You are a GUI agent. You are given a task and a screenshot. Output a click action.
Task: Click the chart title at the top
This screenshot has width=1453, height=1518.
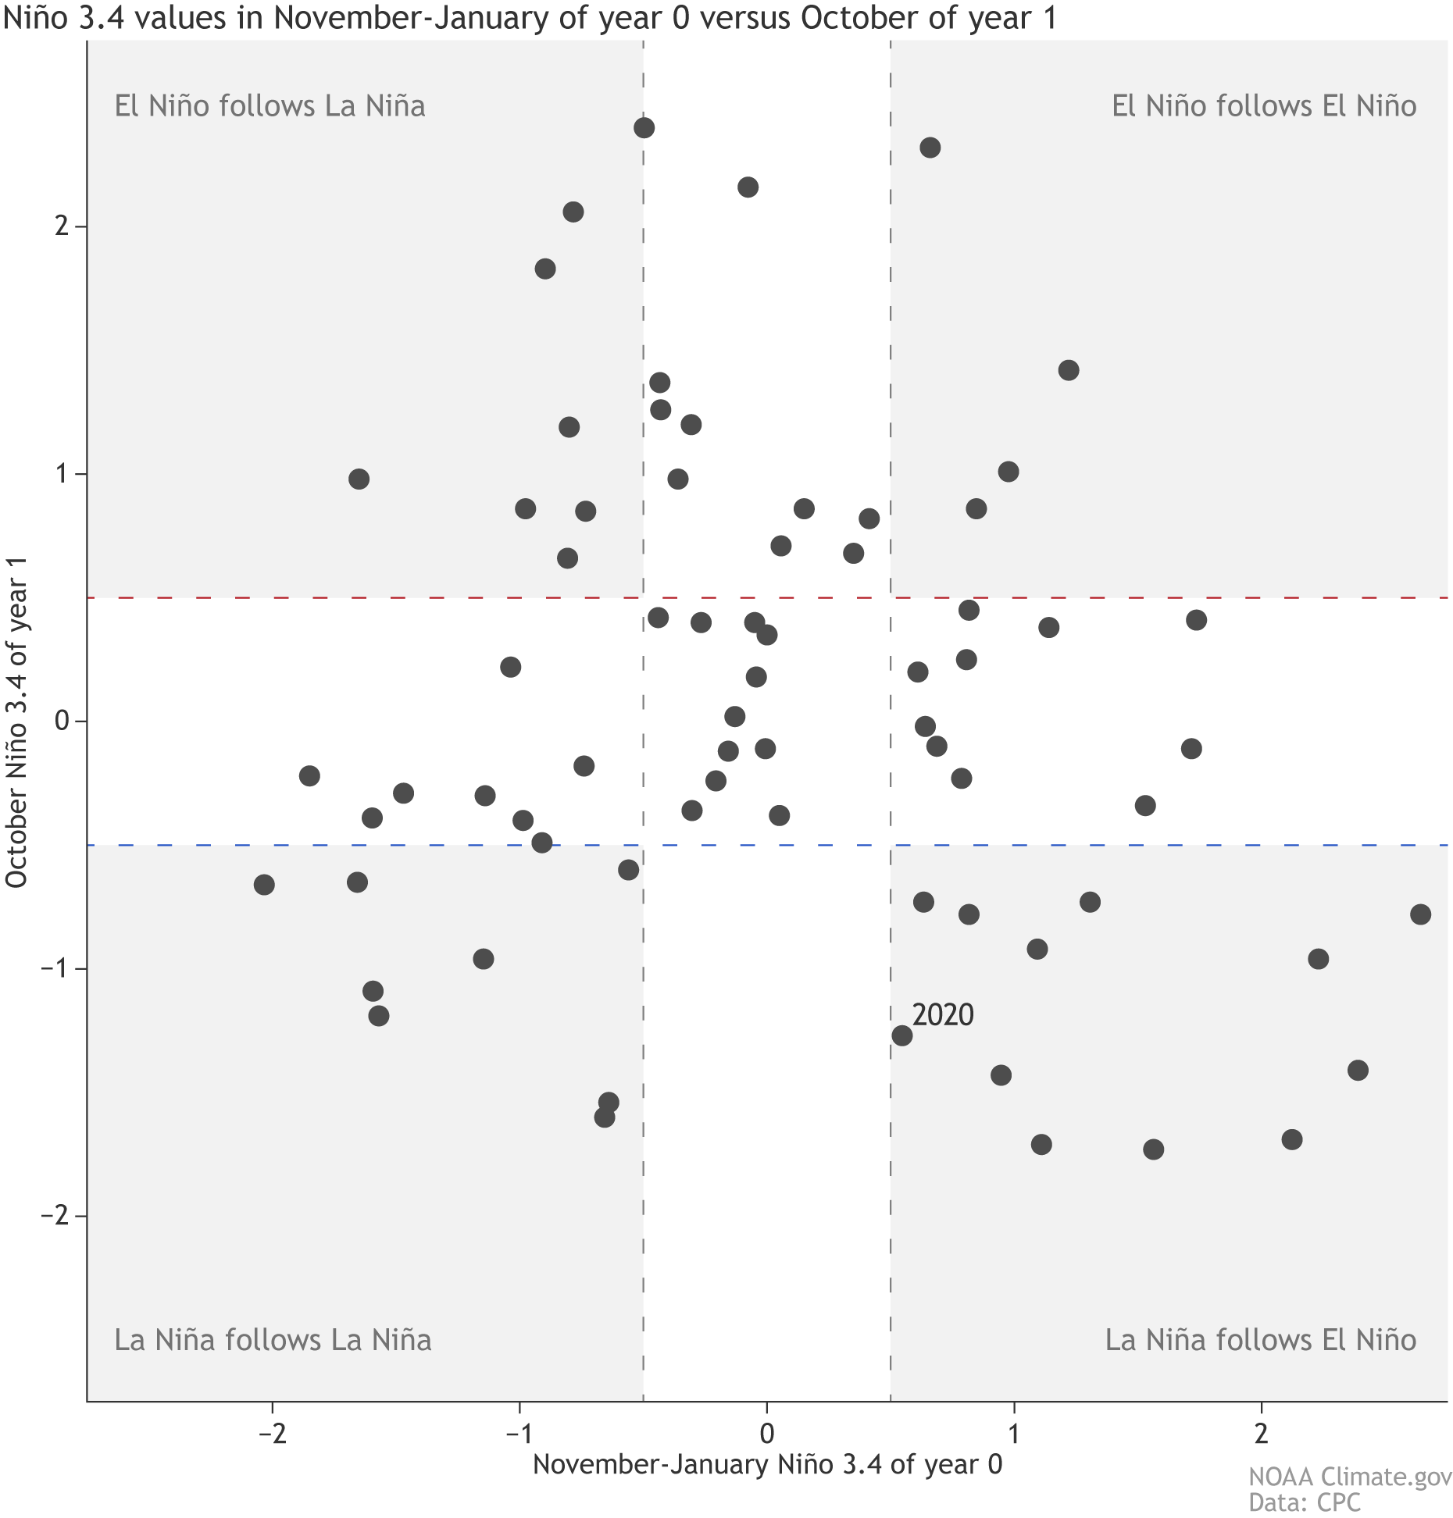coord(530,18)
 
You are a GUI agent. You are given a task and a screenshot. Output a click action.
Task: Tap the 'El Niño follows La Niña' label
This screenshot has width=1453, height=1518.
coord(270,106)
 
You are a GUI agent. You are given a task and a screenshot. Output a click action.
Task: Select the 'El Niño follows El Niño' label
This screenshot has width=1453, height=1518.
coord(1263,106)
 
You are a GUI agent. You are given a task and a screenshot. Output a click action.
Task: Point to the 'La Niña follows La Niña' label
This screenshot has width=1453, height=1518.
coord(273,1340)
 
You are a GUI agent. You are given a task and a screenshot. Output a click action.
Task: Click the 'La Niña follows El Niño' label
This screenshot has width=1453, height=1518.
coord(1260,1340)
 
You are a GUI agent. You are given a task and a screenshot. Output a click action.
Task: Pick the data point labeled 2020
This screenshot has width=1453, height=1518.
coord(902,1035)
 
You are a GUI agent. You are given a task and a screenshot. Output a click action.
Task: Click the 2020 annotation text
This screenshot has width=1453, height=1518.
coord(943,1014)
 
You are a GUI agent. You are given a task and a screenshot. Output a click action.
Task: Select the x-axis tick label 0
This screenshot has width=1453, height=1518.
coord(766,1434)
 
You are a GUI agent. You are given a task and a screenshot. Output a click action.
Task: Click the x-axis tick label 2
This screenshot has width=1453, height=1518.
coord(1261,1434)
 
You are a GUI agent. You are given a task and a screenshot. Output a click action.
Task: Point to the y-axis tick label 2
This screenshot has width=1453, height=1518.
coord(59,226)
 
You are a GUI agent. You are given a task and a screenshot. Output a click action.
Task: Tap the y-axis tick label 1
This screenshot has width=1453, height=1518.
coord(59,474)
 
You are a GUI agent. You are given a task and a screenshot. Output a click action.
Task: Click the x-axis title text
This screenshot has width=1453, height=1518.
coord(767,1463)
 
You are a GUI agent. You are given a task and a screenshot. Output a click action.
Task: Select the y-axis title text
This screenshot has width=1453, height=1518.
coord(17,722)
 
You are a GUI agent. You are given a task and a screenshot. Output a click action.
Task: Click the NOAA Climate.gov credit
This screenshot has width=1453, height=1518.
coord(1350,1477)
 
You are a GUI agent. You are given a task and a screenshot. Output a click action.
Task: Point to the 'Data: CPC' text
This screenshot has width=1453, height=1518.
coord(1304,1502)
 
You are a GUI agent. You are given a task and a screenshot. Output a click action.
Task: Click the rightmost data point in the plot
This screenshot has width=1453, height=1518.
coord(1420,914)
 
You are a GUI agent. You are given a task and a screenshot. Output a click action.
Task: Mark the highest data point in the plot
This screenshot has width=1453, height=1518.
coord(644,128)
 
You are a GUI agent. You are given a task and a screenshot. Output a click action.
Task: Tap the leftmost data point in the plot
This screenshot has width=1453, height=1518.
coord(264,885)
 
